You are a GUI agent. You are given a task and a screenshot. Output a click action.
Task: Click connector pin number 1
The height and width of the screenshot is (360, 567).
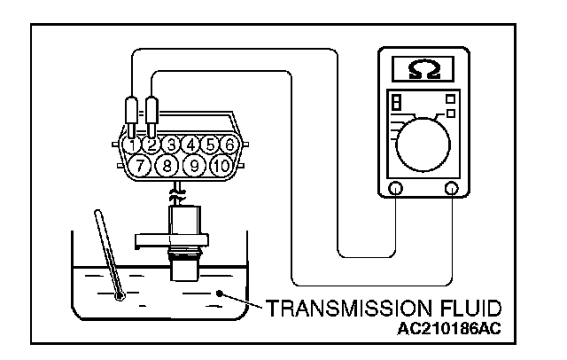coord(132,143)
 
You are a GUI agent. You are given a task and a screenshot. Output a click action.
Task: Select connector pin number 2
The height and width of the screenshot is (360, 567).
coord(151,143)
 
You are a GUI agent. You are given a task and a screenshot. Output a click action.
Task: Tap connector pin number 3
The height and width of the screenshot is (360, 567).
coord(170,143)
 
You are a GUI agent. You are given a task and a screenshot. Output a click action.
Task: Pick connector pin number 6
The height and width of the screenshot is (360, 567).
coord(229,143)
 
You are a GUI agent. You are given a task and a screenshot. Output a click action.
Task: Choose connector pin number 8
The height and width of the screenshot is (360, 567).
coord(164,164)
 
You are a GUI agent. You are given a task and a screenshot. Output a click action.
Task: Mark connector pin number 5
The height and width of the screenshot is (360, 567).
coord(209,143)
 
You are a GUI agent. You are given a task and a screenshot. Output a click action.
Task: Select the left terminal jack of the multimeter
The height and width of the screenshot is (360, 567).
coord(395,188)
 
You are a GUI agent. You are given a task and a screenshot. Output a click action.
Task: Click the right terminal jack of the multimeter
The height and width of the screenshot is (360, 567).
coord(453,188)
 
